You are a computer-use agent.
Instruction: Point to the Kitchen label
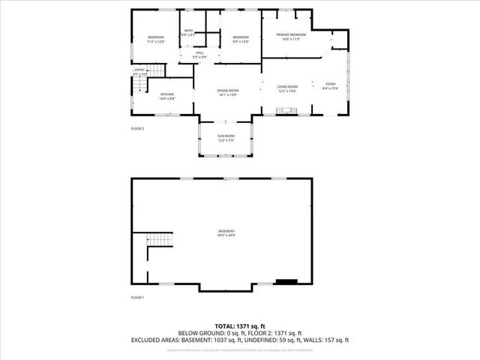pos(166,96)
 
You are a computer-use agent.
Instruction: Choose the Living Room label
pos(288,88)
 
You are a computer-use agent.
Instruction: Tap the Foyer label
pos(331,86)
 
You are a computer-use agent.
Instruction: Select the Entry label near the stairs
pos(139,72)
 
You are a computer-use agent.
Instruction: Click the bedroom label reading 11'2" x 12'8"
pos(155,40)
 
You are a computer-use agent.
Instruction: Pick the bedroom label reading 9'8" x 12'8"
pos(240,40)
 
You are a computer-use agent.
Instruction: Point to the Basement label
pos(226,233)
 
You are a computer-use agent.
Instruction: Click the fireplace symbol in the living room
pos(287,111)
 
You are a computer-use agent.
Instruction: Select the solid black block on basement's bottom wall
pos(286,283)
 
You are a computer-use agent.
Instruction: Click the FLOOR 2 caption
pos(137,129)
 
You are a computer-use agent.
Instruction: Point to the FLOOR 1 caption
pos(137,298)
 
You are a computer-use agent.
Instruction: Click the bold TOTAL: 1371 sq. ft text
pos(240,325)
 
